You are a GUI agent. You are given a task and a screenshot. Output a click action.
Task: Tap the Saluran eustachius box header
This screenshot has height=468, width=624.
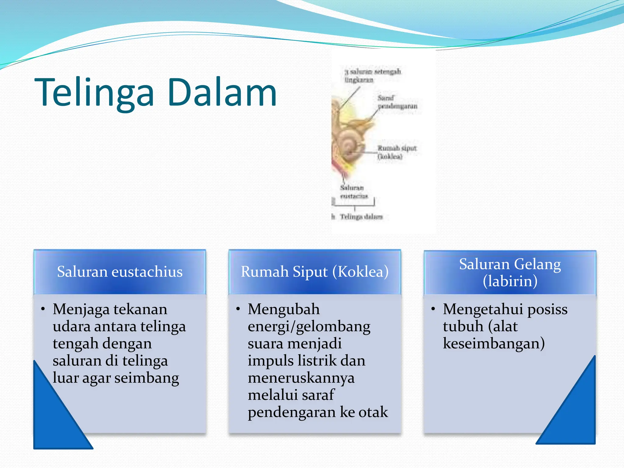(x=120, y=271)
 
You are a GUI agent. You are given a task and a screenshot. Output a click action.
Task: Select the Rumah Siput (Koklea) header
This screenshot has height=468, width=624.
(x=315, y=271)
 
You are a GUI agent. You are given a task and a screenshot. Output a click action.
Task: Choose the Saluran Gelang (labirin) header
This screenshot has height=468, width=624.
(x=510, y=272)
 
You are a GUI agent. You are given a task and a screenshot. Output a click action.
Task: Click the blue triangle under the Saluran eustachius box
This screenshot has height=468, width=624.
(x=55, y=424)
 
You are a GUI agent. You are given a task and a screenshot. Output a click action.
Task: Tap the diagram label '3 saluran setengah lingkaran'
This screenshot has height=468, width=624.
(x=372, y=76)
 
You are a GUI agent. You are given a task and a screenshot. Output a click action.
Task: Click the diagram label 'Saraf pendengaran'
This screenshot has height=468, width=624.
(x=397, y=102)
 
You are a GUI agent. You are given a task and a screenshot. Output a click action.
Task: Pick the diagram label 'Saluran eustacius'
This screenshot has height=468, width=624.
(x=353, y=192)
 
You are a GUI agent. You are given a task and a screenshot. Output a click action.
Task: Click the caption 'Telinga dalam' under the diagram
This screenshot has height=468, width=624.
(x=361, y=217)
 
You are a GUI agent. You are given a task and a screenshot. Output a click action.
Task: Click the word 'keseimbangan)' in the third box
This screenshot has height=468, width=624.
(x=494, y=343)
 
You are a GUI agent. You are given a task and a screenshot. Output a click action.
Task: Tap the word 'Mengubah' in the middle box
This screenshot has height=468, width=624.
(x=284, y=309)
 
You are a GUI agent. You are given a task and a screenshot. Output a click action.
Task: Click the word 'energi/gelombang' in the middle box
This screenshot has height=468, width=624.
(x=309, y=327)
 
